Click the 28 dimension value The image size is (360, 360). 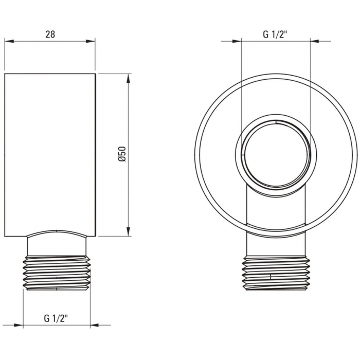coord(50,34)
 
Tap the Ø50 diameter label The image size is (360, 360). coord(122,155)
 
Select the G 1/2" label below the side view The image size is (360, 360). coord(57,318)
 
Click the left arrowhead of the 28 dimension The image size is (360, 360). coord(9,42)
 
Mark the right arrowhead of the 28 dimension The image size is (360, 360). coord(91,42)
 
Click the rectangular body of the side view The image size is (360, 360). coord(50,154)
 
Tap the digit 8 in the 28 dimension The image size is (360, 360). coord(52,34)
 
